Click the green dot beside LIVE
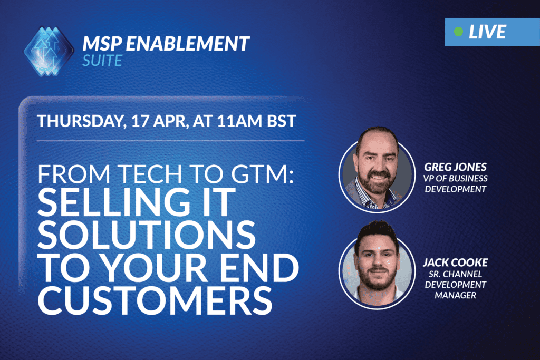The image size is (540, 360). (x=458, y=32)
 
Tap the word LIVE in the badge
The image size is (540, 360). (x=487, y=32)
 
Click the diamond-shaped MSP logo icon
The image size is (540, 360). (x=49, y=51)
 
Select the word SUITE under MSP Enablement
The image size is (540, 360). (x=102, y=61)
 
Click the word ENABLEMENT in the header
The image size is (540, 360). (x=187, y=44)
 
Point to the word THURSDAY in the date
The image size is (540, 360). (x=81, y=121)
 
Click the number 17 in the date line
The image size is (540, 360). (x=140, y=121)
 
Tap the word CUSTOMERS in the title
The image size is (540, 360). (x=155, y=300)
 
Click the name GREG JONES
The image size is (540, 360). (x=455, y=167)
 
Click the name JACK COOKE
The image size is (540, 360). (x=455, y=262)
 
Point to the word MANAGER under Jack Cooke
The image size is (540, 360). (x=455, y=295)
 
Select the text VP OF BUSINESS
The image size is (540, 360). (x=455, y=178)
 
